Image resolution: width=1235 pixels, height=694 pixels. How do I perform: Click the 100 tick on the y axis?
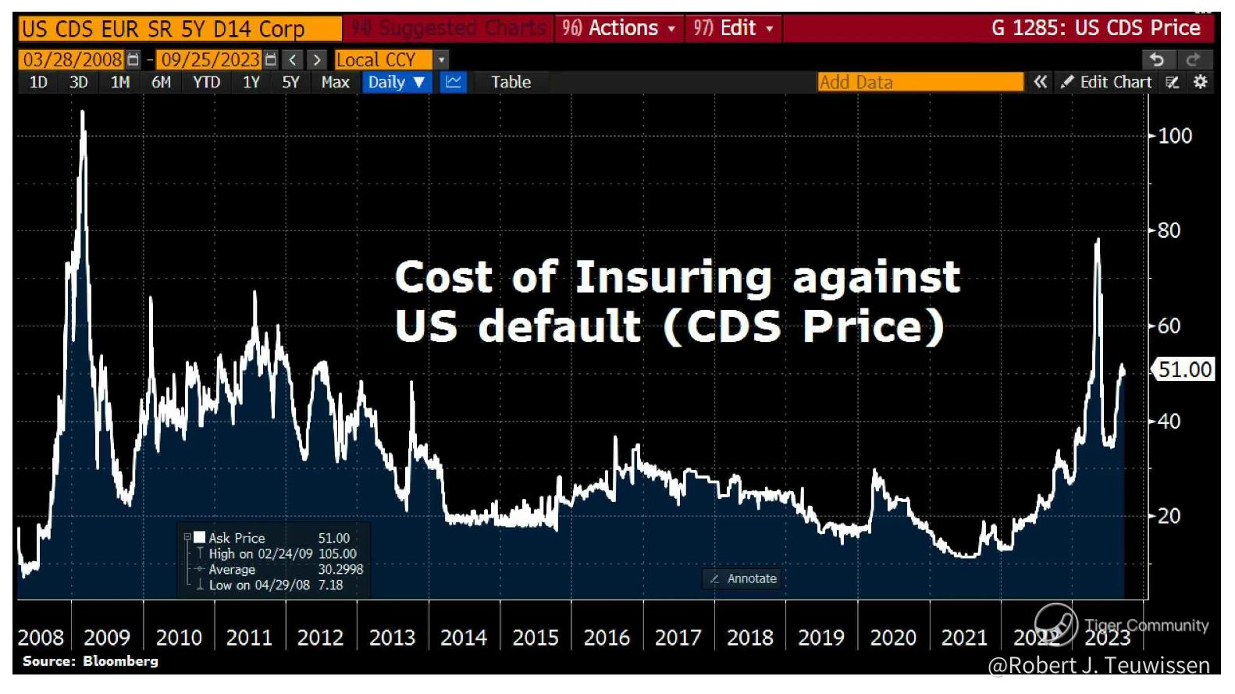(x=1174, y=136)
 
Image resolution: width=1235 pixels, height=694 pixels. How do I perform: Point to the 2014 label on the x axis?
(x=463, y=638)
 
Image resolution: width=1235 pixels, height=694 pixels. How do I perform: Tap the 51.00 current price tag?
(x=1184, y=369)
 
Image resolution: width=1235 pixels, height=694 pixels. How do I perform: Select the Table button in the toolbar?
(x=511, y=82)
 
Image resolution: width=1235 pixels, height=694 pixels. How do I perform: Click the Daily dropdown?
(x=396, y=82)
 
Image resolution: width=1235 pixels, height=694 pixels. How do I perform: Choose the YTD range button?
(x=206, y=82)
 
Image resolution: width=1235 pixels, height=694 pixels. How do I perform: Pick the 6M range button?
(x=161, y=82)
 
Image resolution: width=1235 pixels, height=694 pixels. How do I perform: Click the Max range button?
(x=335, y=82)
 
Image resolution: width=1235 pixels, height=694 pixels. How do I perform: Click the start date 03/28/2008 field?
(x=73, y=59)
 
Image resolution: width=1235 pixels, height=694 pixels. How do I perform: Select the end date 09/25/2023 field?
(x=210, y=59)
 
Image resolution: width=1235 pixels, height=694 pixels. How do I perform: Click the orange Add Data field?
(x=920, y=82)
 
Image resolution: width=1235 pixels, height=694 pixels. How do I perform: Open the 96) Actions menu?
(x=618, y=28)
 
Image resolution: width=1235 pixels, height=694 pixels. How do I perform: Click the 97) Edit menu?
(x=733, y=28)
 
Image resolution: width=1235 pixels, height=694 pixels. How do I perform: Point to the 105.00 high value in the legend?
(x=337, y=553)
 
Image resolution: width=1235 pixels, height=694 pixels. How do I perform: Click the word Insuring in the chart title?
(x=673, y=277)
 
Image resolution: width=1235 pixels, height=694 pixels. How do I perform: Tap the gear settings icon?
(x=1201, y=82)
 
